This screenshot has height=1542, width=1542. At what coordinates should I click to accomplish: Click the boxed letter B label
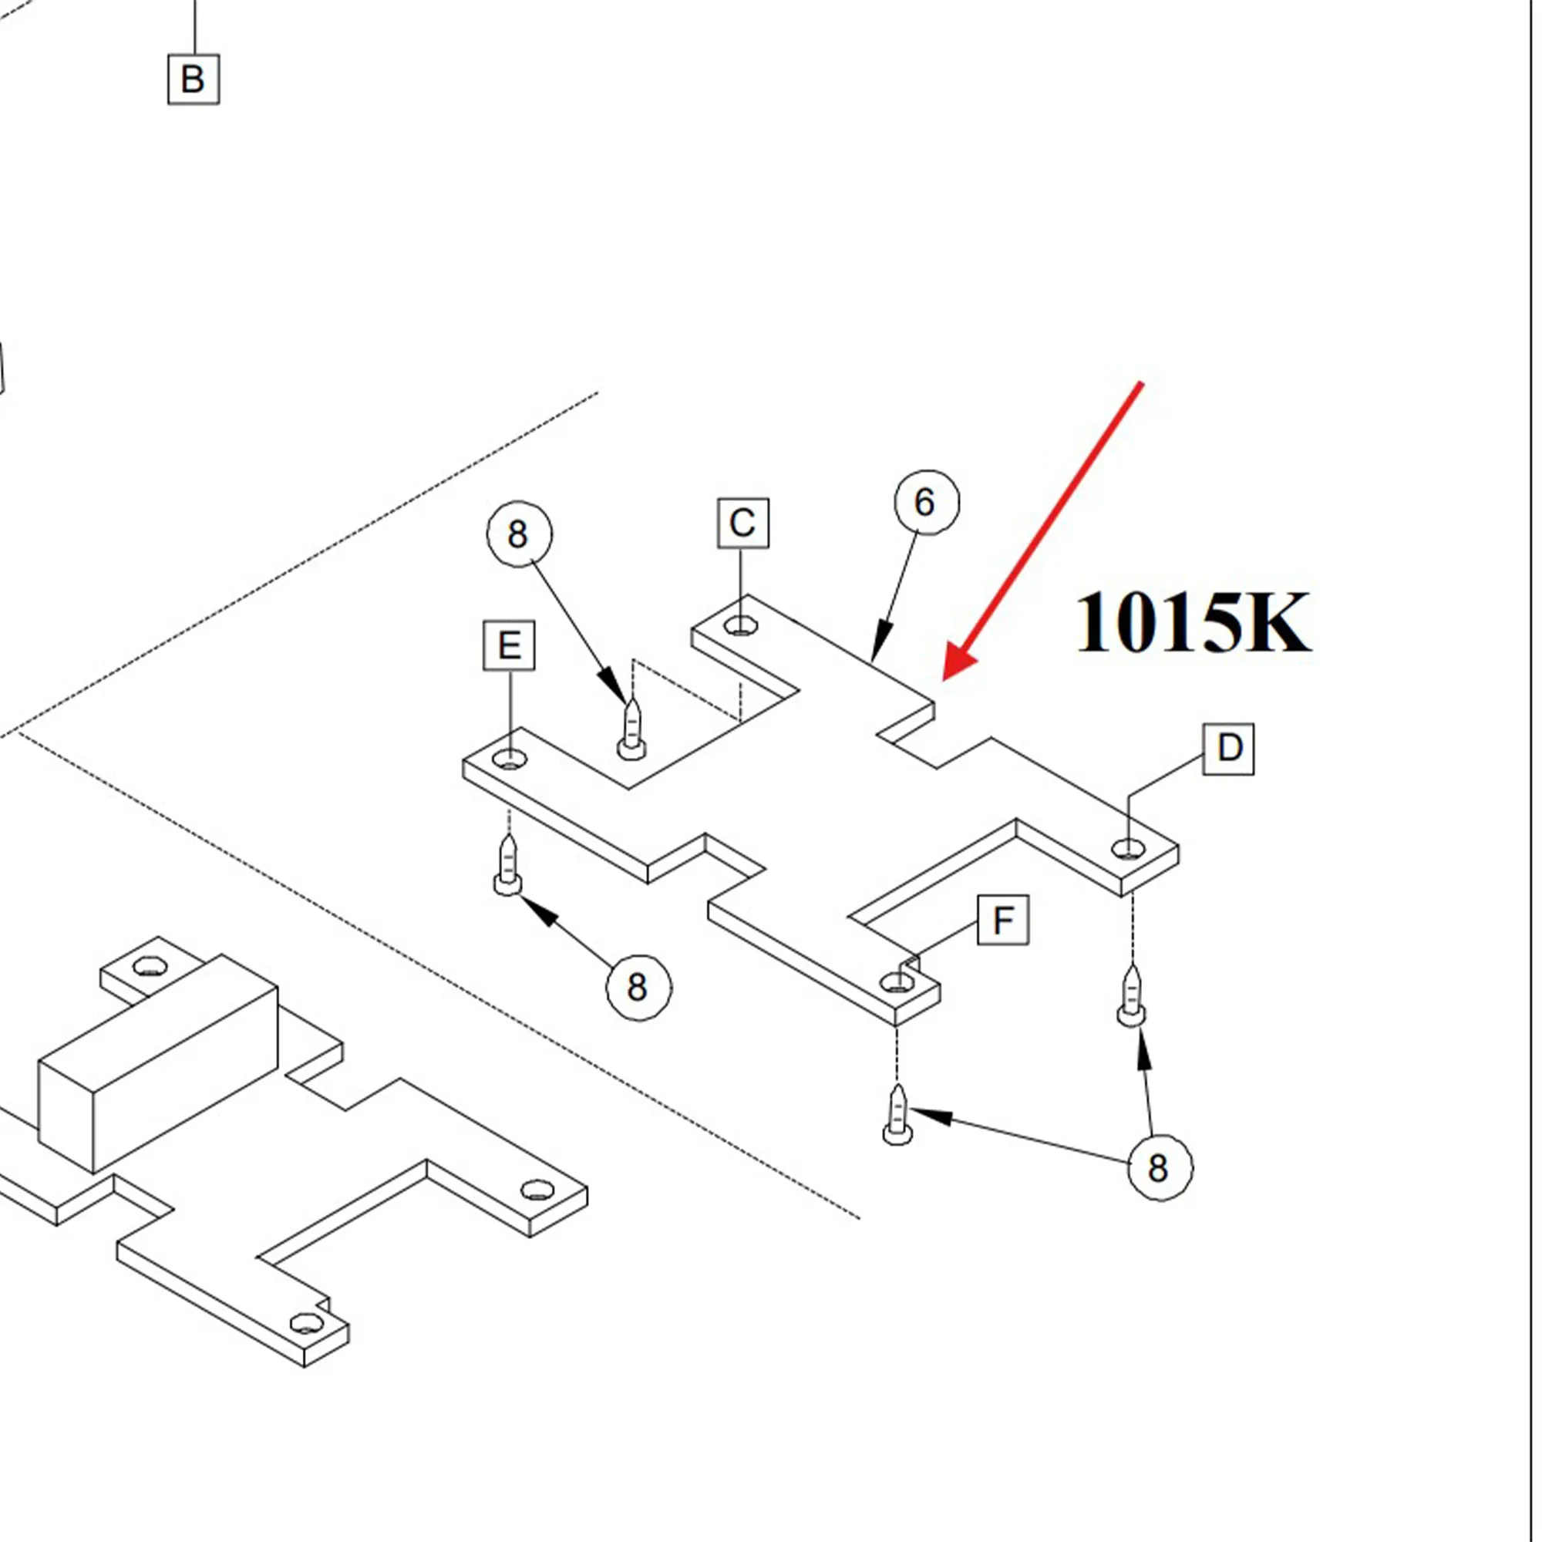(194, 79)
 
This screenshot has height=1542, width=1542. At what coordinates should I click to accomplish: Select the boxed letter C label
(743, 524)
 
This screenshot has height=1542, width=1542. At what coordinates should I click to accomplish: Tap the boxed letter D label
(1229, 749)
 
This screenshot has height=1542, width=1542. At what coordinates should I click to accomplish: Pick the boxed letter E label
(509, 645)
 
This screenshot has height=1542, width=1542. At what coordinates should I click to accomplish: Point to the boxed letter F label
(1003, 921)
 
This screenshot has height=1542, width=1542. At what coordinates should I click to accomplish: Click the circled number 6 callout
(926, 503)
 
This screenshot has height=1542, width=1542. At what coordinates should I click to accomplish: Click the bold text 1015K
(1193, 623)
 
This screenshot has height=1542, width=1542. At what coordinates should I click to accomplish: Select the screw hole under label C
(742, 627)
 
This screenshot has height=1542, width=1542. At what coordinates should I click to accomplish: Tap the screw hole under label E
(509, 760)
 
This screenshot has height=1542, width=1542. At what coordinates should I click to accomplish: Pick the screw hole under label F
(897, 983)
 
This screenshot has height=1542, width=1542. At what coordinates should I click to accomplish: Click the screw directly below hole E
(508, 866)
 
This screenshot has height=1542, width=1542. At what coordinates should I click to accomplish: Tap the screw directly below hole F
(898, 1115)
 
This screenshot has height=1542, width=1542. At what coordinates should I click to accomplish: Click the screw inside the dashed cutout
(631, 730)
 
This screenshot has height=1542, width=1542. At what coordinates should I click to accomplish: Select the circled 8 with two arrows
(1160, 1169)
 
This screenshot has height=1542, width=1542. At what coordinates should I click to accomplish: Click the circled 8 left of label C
(519, 534)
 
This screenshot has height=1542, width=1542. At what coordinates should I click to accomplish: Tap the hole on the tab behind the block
(149, 968)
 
